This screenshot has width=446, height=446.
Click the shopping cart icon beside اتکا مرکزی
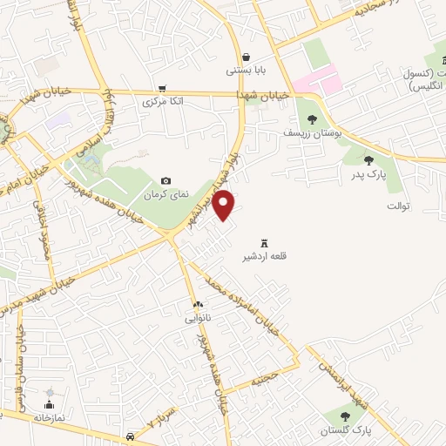click(162, 88)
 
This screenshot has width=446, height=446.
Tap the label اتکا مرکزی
click(163, 101)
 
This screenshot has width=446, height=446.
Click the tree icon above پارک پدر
click(368, 159)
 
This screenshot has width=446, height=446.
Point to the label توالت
click(398, 206)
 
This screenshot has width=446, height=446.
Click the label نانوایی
click(197, 318)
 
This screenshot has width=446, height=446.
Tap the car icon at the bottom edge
click(129, 436)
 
